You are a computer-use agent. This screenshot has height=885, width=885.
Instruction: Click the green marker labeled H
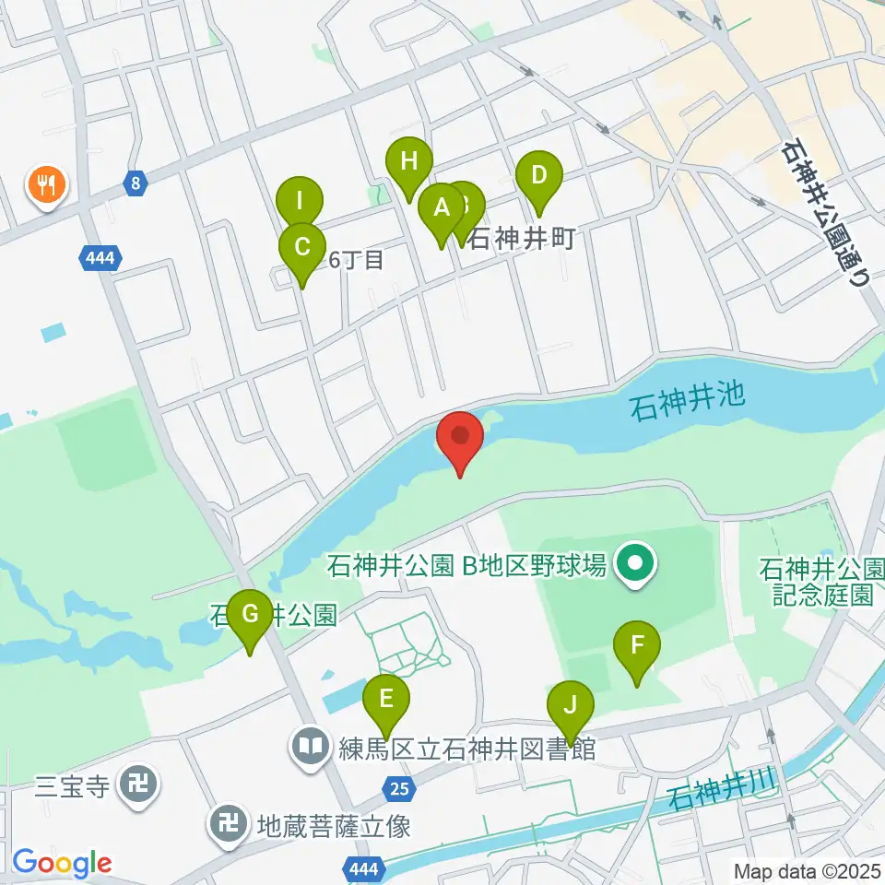[409, 163]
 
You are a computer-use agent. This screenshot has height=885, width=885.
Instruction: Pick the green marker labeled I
[301, 200]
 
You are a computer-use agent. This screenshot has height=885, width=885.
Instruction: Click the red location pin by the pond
[459, 438]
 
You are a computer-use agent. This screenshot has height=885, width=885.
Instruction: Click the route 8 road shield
[136, 183]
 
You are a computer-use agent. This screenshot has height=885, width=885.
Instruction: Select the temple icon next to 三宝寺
[139, 786]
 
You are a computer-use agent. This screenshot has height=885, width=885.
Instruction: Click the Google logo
[62, 863]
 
